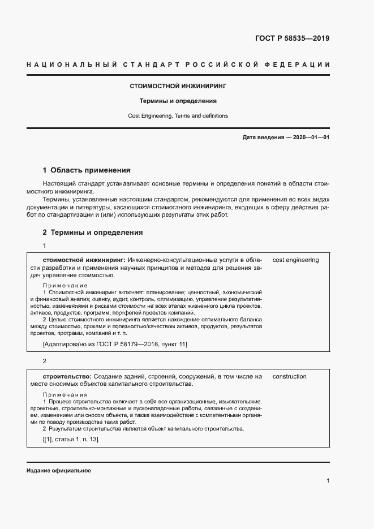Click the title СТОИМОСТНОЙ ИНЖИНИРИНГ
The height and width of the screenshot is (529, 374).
(178, 87)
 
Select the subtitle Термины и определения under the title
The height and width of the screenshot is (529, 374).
(178, 101)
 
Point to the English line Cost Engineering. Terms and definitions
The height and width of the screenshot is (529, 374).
(178, 115)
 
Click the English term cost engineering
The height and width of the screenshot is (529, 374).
(295, 260)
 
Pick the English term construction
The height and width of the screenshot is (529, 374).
(289, 376)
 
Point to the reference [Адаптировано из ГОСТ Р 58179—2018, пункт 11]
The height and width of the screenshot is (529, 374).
(115, 344)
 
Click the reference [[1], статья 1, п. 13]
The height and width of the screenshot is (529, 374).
(70, 440)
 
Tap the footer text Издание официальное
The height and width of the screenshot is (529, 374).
(58, 471)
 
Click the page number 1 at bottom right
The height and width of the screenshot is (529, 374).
(328, 480)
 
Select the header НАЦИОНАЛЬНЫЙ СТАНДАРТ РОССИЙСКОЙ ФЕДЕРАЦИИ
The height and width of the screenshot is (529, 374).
(178, 65)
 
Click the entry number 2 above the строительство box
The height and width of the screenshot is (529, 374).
(45, 361)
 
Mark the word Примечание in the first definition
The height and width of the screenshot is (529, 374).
(65, 285)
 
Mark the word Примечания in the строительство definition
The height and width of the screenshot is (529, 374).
(65, 394)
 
